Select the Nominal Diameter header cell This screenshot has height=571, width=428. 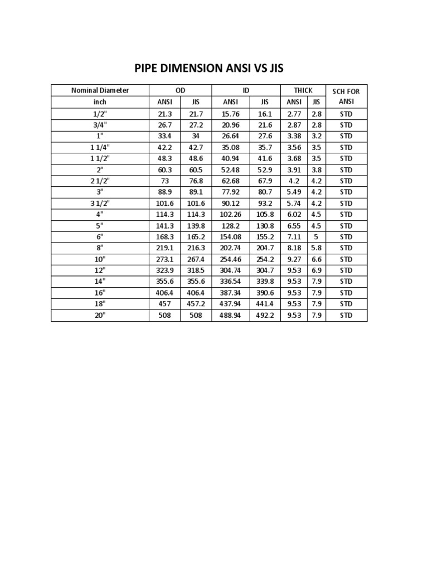[x=100, y=90]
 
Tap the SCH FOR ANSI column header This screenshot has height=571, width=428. [x=346, y=96]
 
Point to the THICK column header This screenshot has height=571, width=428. [x=303, y=90]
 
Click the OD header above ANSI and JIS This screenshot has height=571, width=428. [x=180, y=90]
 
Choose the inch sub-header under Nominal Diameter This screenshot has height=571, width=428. [x=100, y=102]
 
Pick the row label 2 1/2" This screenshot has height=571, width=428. [x=100, y=181]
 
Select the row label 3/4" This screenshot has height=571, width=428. [x=100, y=125]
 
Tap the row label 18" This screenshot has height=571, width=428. [x=100, y=304]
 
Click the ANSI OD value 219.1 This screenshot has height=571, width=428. [x=166, y=248]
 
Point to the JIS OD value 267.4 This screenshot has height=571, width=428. [x=196, y=259]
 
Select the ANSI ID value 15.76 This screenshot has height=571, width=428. [x=230, y=114]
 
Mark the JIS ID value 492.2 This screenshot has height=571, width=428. [x=265, y=315]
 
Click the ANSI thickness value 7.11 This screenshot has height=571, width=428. [x=294, y=237]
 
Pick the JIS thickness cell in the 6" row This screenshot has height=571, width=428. [x=316, y=237]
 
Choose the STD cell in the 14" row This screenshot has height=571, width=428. [x=346, y=282]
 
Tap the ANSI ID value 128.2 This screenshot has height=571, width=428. [x=230, y=226]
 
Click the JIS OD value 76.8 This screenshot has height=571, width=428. [x=196, y=181]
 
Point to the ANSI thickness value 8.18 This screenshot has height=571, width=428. [x=294, y=248]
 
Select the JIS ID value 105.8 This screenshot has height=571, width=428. [x=265, y=215]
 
